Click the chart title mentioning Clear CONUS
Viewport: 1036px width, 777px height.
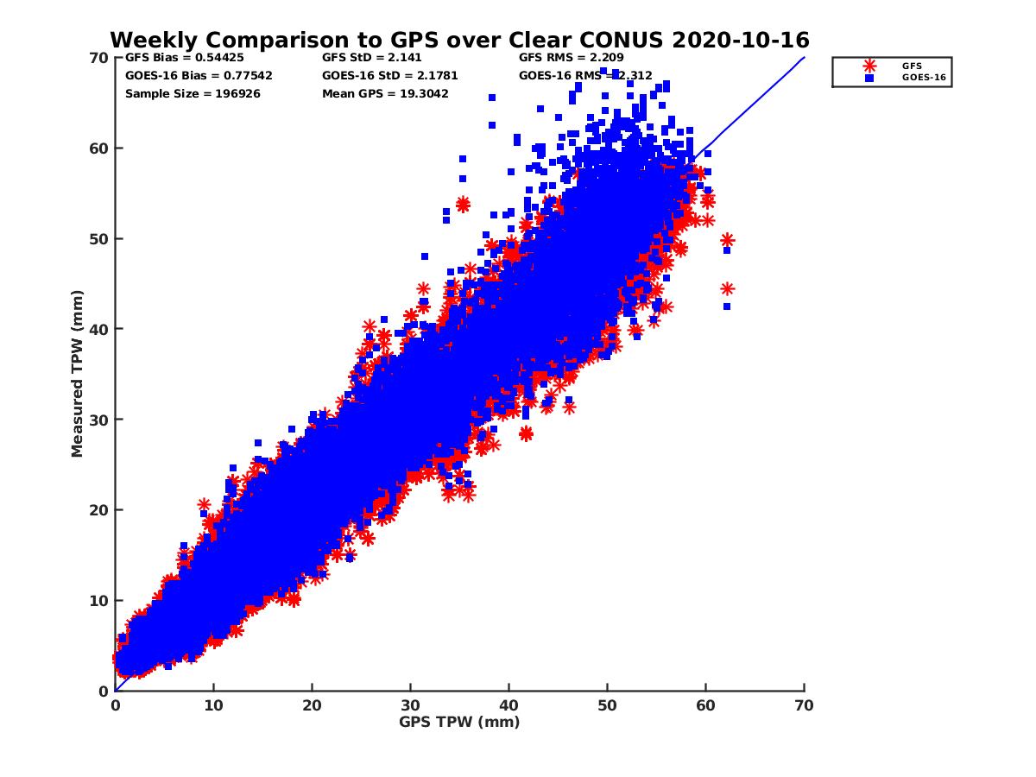click(x=459, y=40)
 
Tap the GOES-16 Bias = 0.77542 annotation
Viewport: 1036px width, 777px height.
click(x=199, y=75)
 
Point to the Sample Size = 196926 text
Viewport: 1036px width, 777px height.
click(x=193, y=93)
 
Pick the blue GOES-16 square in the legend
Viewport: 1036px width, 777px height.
click(x=869, y=78)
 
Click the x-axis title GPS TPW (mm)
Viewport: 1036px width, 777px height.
click(x=459, y=722)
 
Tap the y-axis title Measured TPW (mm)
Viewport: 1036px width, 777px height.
click(x=78, y=373)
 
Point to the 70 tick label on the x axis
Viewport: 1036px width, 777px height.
click(x=804, y=705)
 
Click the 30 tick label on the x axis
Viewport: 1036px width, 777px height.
click(x=410, y=705)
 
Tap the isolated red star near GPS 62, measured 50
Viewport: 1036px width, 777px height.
click(x=727, y=240)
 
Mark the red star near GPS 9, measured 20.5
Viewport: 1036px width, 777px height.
click(x=204, y=504)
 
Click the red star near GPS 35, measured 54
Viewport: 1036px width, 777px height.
click(x=463, y=205)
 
